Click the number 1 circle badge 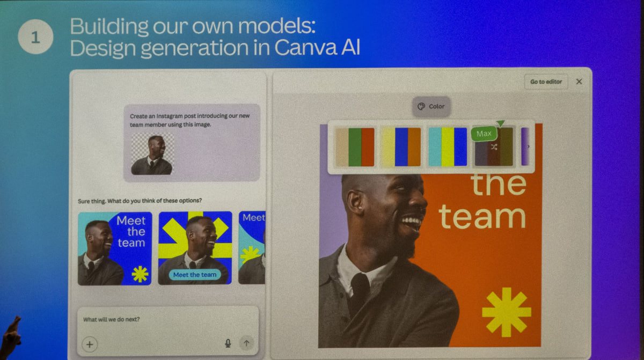pos(35,37)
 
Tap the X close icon pos(579,82)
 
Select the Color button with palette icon pos(431,106)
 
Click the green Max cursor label pos(484,134)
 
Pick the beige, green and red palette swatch pos(355,147)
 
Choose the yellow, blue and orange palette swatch pos(401,147)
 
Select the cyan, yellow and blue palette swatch pos(448,147)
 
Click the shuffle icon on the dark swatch pos(494,147)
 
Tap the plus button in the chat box pos(90,344)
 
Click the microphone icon pos(228,343)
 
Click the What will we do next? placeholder pos(112,319)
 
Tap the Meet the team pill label pos(195,275)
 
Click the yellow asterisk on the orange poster pos(507,312)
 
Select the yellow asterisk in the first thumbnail pos(140,274)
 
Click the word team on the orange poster pos(482,217)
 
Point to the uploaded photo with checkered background pos(152,154)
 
